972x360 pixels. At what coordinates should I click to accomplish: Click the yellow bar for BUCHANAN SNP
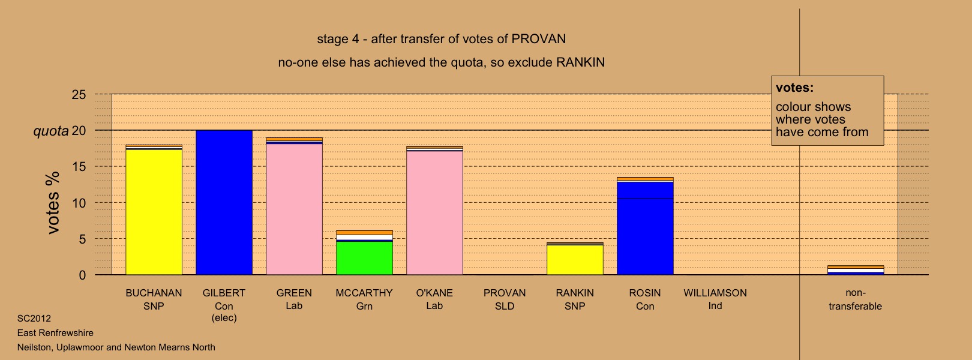(154, 212)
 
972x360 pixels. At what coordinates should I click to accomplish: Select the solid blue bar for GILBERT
(224, 203)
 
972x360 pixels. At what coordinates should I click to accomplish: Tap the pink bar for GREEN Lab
(294, 209)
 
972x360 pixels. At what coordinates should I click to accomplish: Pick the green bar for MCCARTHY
(365, 258)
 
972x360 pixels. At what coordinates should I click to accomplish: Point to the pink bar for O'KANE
(435, 213)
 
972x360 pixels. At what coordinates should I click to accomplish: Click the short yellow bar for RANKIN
(575, 260)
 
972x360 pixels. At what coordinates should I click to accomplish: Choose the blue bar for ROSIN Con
(645, 229)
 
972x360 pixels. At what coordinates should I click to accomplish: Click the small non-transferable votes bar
(856, 270)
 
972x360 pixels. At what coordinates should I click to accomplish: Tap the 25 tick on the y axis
(79, 95)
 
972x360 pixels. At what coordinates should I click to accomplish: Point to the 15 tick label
(79, 167)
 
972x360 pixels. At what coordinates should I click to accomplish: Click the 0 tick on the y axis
(82, 275)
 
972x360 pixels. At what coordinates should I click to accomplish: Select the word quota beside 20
(51, 131)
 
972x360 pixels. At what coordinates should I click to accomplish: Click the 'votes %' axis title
(53, 203)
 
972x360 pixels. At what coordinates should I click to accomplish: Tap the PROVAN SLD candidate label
(505, 299)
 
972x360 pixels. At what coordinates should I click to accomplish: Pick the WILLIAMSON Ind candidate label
(715, 299)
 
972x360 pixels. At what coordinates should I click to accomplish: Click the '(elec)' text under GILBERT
(224, 318)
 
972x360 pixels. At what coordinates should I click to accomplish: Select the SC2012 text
(34, 319)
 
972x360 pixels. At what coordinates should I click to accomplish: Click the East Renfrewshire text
(56, 333)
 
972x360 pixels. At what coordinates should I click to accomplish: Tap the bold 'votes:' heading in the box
(794, 88)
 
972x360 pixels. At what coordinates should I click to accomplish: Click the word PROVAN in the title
(539, 39)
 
